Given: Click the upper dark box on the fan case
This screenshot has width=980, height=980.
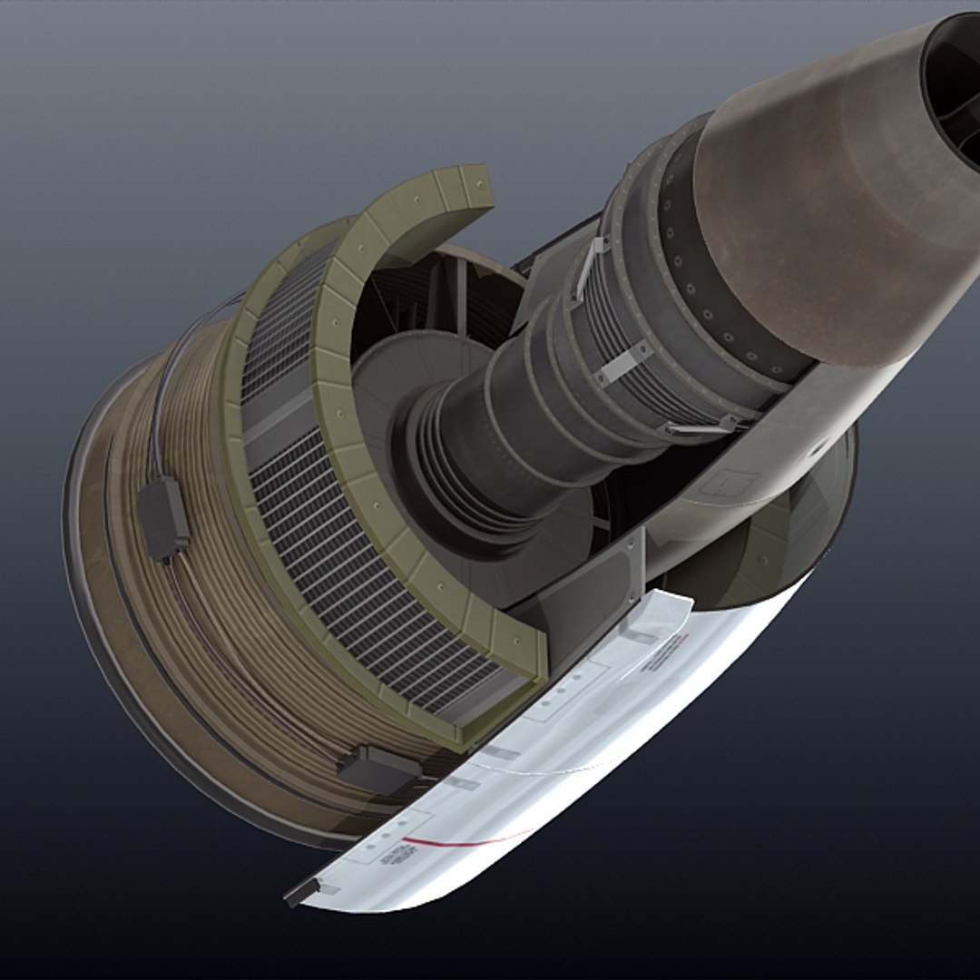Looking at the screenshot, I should point(163,517).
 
